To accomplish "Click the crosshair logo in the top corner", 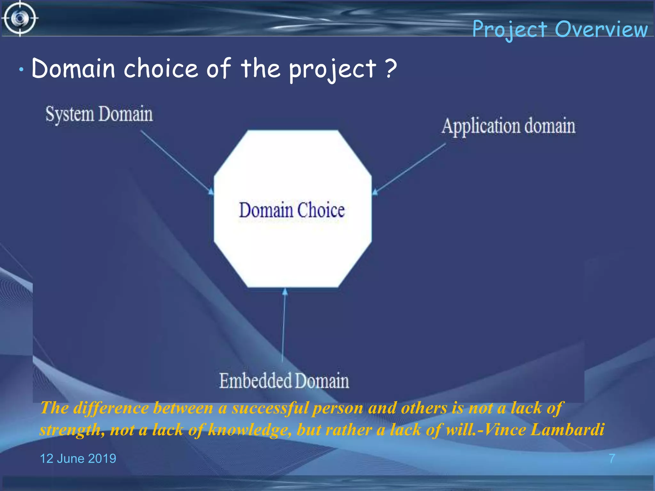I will (20, 18).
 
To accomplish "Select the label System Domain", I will (99, 114).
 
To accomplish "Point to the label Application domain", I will (509, 126).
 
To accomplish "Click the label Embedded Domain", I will (284, 381).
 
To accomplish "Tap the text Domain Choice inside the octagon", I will (292, 210).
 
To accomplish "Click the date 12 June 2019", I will (78, 458).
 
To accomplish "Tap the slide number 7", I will (612, 458).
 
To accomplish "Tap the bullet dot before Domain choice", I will (21, 69).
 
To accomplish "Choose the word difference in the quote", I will (111, 408).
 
